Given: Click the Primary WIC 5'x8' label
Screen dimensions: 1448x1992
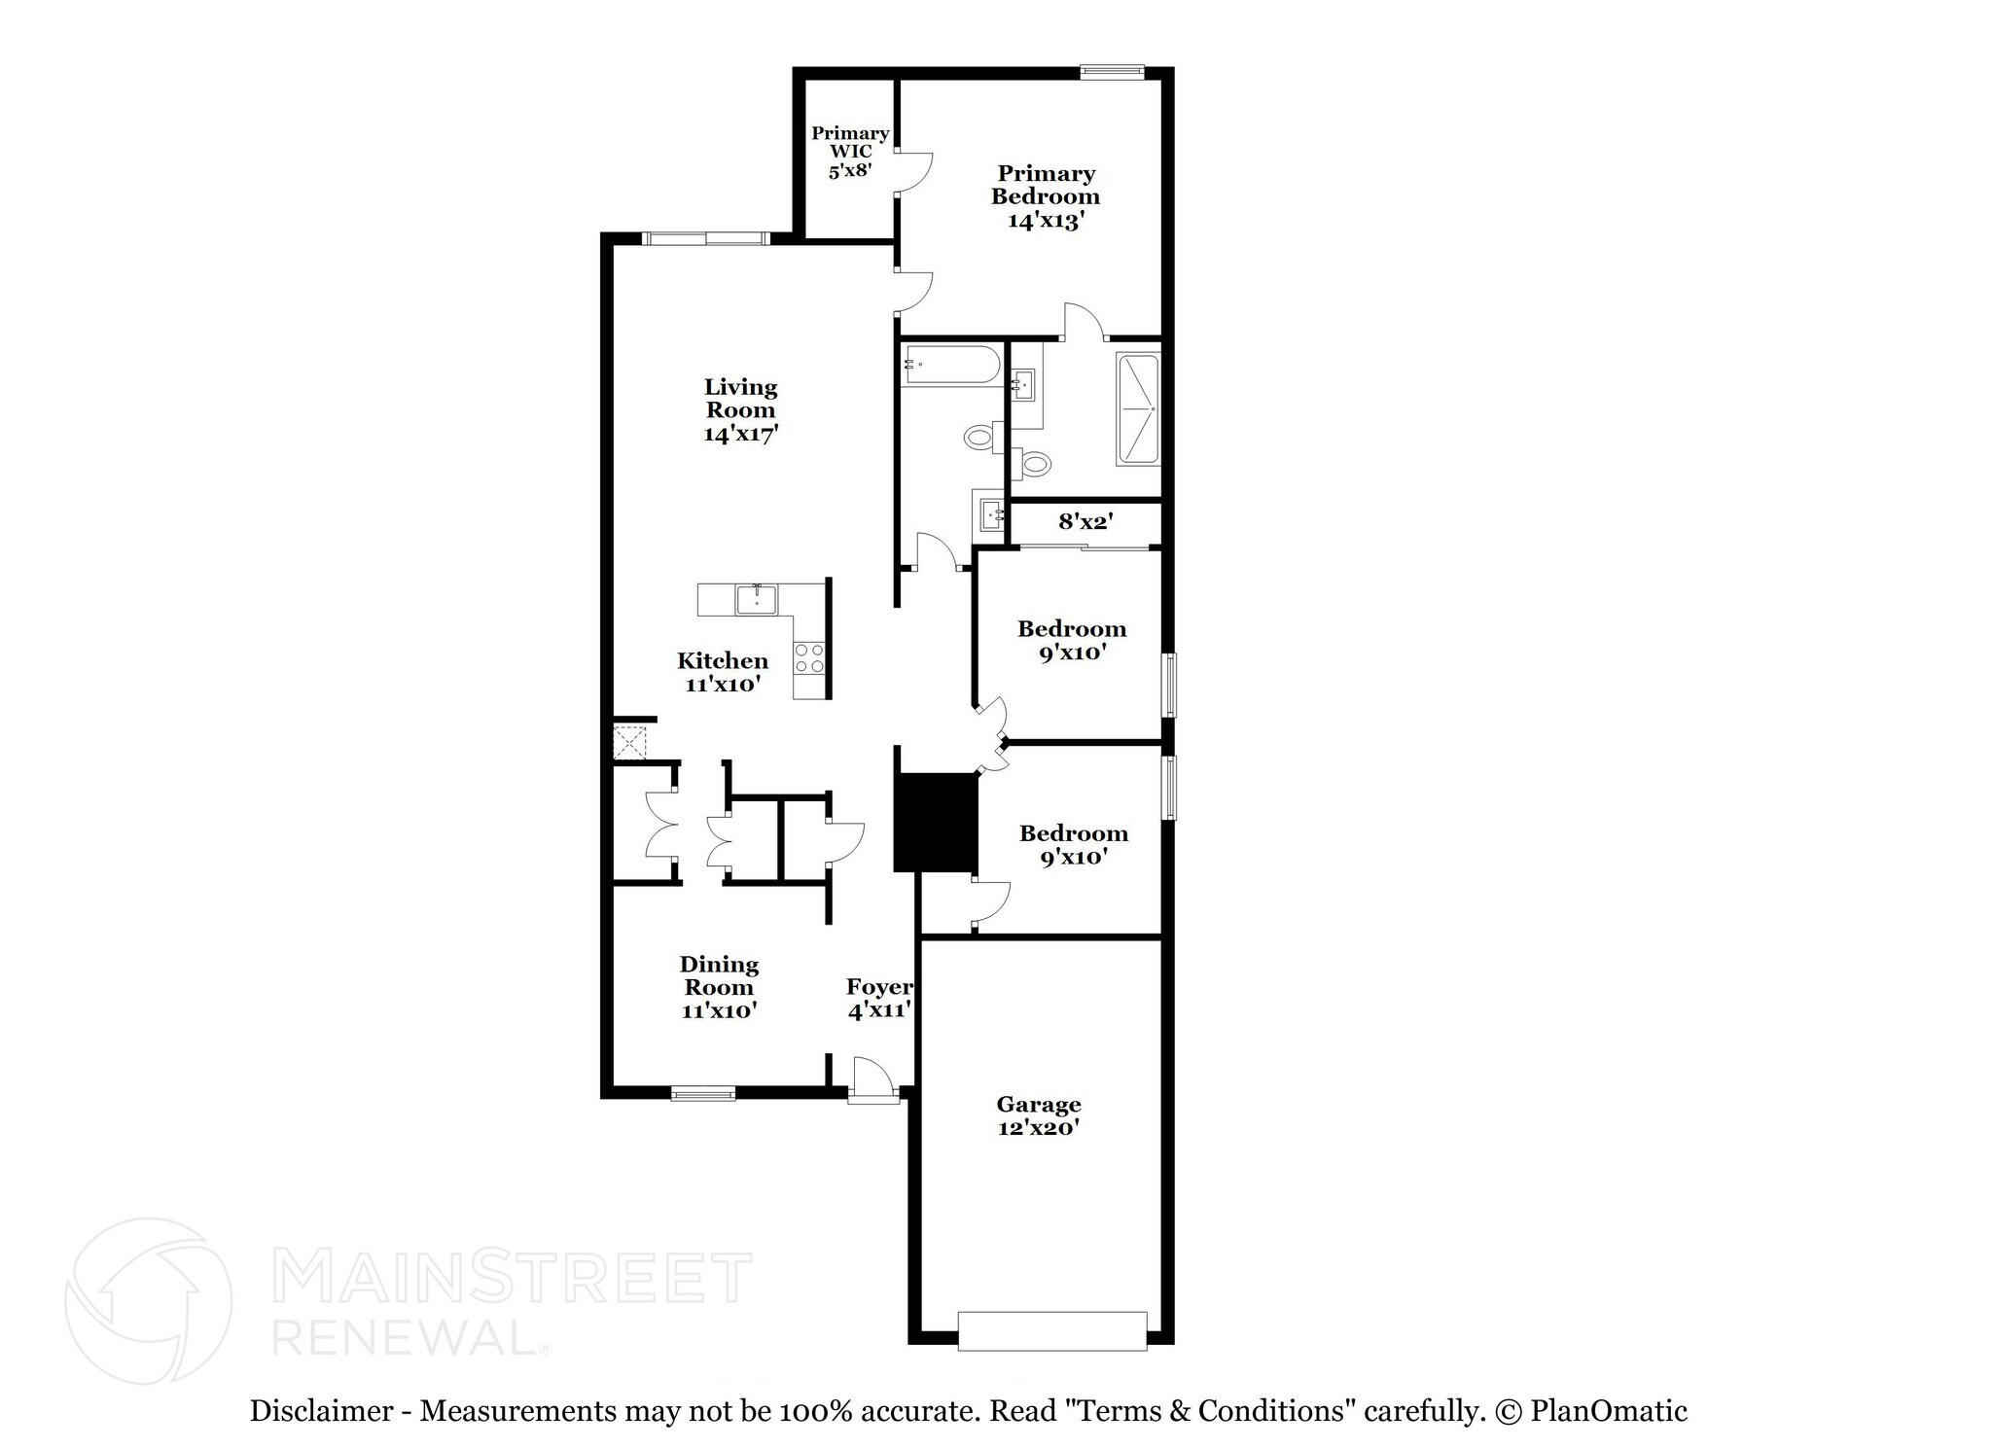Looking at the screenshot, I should click(850, 152).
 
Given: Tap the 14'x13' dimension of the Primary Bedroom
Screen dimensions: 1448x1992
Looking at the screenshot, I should click(1046, 221).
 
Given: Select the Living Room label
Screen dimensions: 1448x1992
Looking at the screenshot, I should click(740, 399).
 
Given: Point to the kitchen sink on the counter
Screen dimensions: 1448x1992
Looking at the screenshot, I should click(756, 599).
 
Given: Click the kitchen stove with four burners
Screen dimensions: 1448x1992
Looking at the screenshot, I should click(809, 658).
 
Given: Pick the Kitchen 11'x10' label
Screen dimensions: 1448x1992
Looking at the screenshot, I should click(722, 672).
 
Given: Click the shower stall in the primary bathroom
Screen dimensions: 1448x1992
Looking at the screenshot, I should click(1139, 409).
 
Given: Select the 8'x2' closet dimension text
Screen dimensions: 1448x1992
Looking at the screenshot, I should click(1085, 522).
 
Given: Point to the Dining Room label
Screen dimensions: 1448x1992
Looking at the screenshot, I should click(719, 975).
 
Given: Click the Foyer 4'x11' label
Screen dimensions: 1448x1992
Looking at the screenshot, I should click(879, 999).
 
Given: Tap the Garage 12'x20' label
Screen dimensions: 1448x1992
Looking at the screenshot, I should click(1039, 1115).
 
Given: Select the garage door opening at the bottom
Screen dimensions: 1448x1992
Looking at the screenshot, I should click(1052, 1331).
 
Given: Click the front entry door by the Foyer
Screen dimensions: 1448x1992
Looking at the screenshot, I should click(871, 1080).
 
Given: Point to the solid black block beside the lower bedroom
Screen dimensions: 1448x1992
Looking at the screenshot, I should click(935, 823).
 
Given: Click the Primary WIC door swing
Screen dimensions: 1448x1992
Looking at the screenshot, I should click(915, 172).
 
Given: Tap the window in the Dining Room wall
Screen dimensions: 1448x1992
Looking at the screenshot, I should click(703, 1093).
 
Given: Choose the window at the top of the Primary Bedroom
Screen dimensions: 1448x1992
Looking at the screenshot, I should click(1113, 70).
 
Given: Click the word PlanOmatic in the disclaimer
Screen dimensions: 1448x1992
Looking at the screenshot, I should click(1609, 1411).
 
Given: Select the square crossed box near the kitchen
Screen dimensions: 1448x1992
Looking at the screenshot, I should click(629, 744).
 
